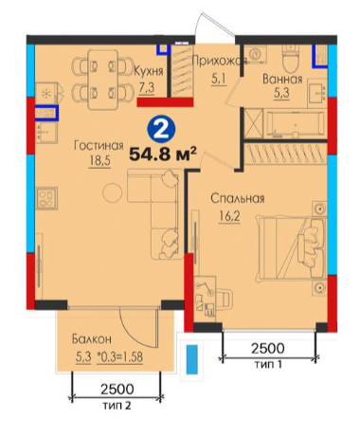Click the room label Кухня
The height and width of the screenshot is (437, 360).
149,71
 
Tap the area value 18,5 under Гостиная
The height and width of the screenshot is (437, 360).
99,161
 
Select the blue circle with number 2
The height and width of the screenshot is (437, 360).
162,130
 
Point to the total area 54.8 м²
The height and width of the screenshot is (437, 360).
163,154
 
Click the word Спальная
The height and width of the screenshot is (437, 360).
238,199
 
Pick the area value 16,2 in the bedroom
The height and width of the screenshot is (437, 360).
229,216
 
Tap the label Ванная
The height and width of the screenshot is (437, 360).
282,80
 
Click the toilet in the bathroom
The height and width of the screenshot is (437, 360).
291,60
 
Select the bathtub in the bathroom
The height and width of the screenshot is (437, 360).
295,124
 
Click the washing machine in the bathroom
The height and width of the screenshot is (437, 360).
255,54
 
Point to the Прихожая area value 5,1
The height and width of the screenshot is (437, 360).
219,79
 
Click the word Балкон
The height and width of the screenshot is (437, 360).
92,339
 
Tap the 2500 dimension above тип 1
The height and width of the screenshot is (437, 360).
268,348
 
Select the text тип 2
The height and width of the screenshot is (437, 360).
117,405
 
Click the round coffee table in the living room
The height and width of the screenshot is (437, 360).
112,192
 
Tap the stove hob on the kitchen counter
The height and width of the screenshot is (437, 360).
46,198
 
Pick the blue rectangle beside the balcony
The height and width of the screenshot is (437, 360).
191,359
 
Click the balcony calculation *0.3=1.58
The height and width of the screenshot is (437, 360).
120,357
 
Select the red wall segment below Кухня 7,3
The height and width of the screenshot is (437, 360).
165,102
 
